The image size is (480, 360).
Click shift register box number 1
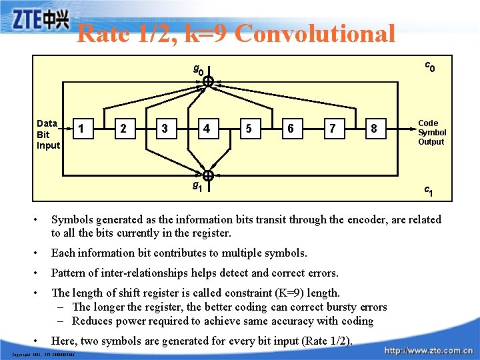point(81,127)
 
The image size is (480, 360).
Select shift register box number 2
point(123,127)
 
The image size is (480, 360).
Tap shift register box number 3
point(165,127)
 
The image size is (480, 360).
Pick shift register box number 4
point(207,128)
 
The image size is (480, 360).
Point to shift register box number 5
point(249,128)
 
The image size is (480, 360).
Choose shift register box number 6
point(290,128)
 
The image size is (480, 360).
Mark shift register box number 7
point(332,128)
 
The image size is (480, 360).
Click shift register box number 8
point(373,128)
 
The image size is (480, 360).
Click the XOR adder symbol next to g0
point(207,81)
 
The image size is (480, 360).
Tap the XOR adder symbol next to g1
point(207,176)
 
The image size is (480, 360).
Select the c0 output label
point(430,67)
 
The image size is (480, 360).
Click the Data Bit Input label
point(48,134)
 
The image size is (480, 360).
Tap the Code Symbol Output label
point(431,132)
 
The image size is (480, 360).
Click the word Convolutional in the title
point(315,33)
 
